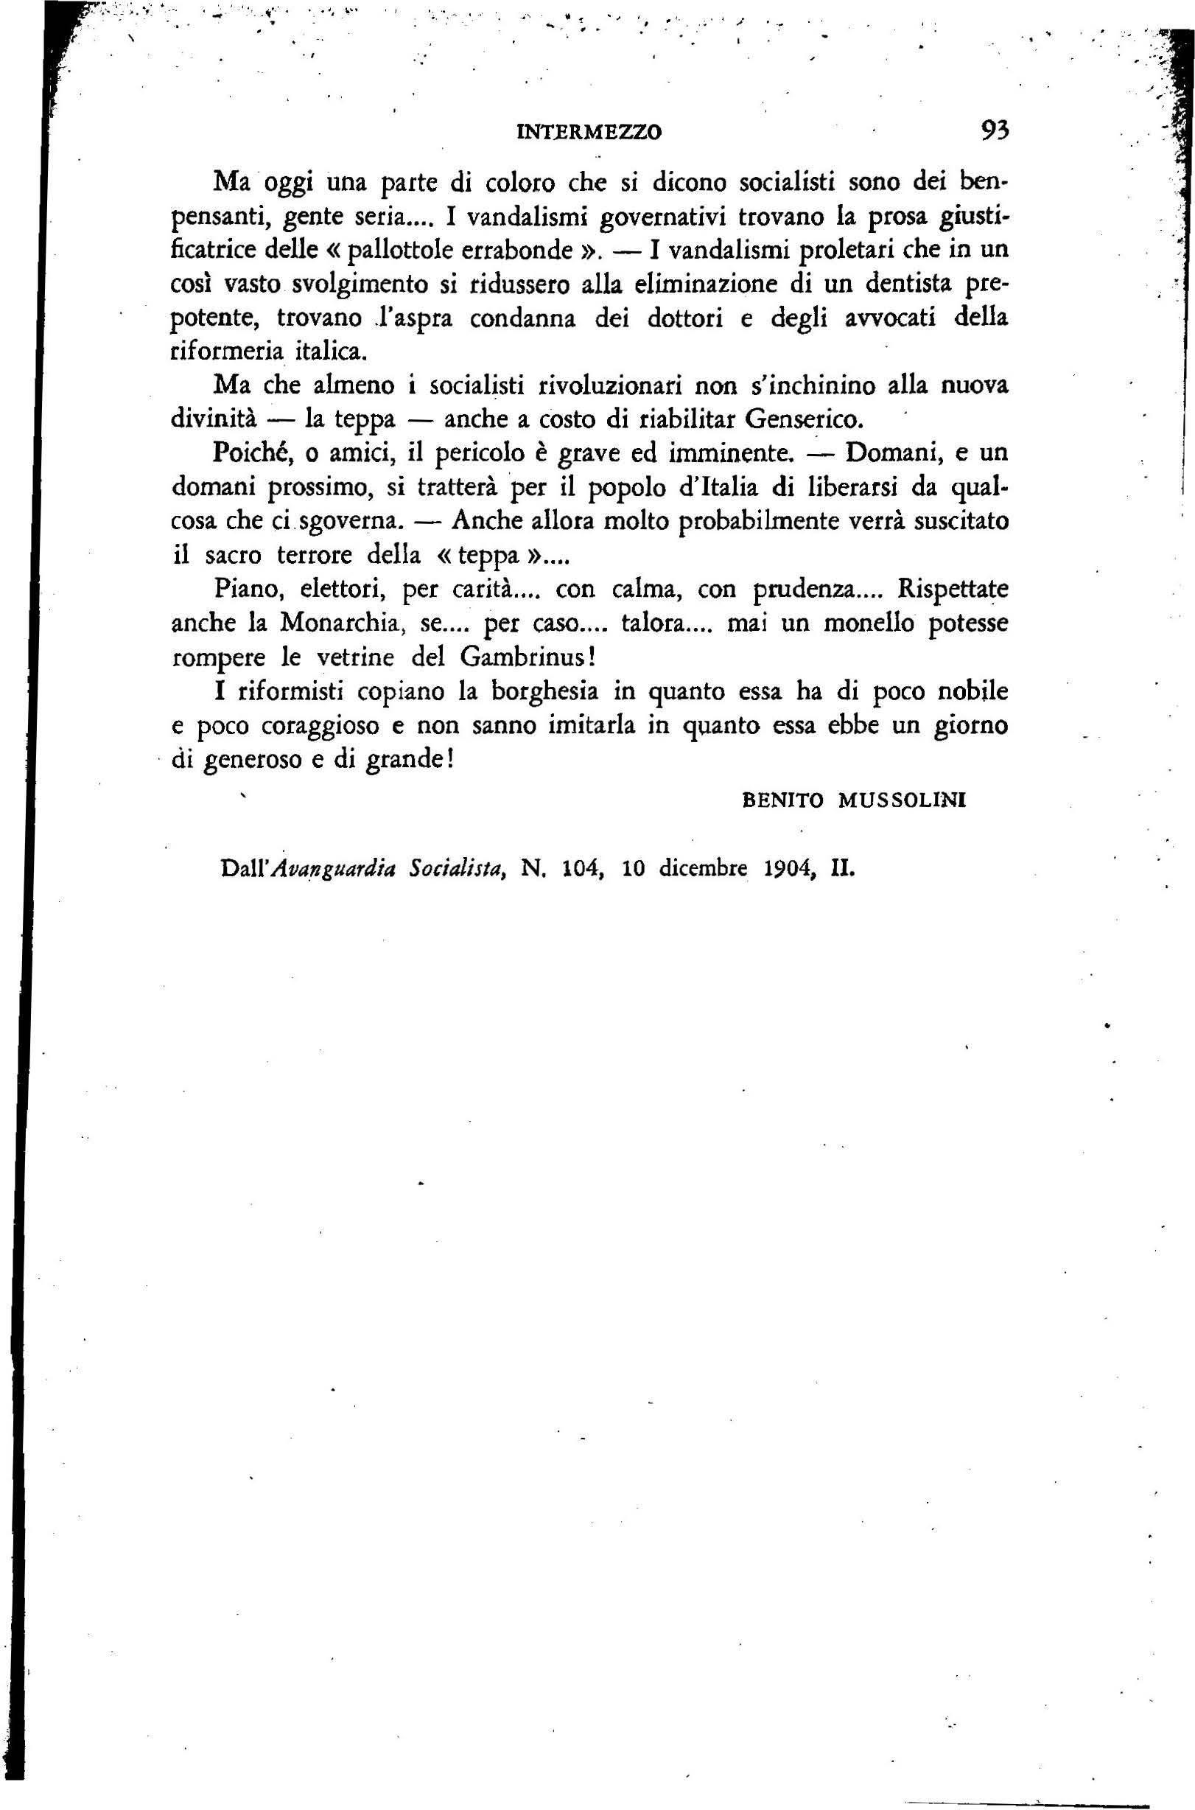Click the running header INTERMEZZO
(x=589, y=132)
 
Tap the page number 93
(x=994, y=131)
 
